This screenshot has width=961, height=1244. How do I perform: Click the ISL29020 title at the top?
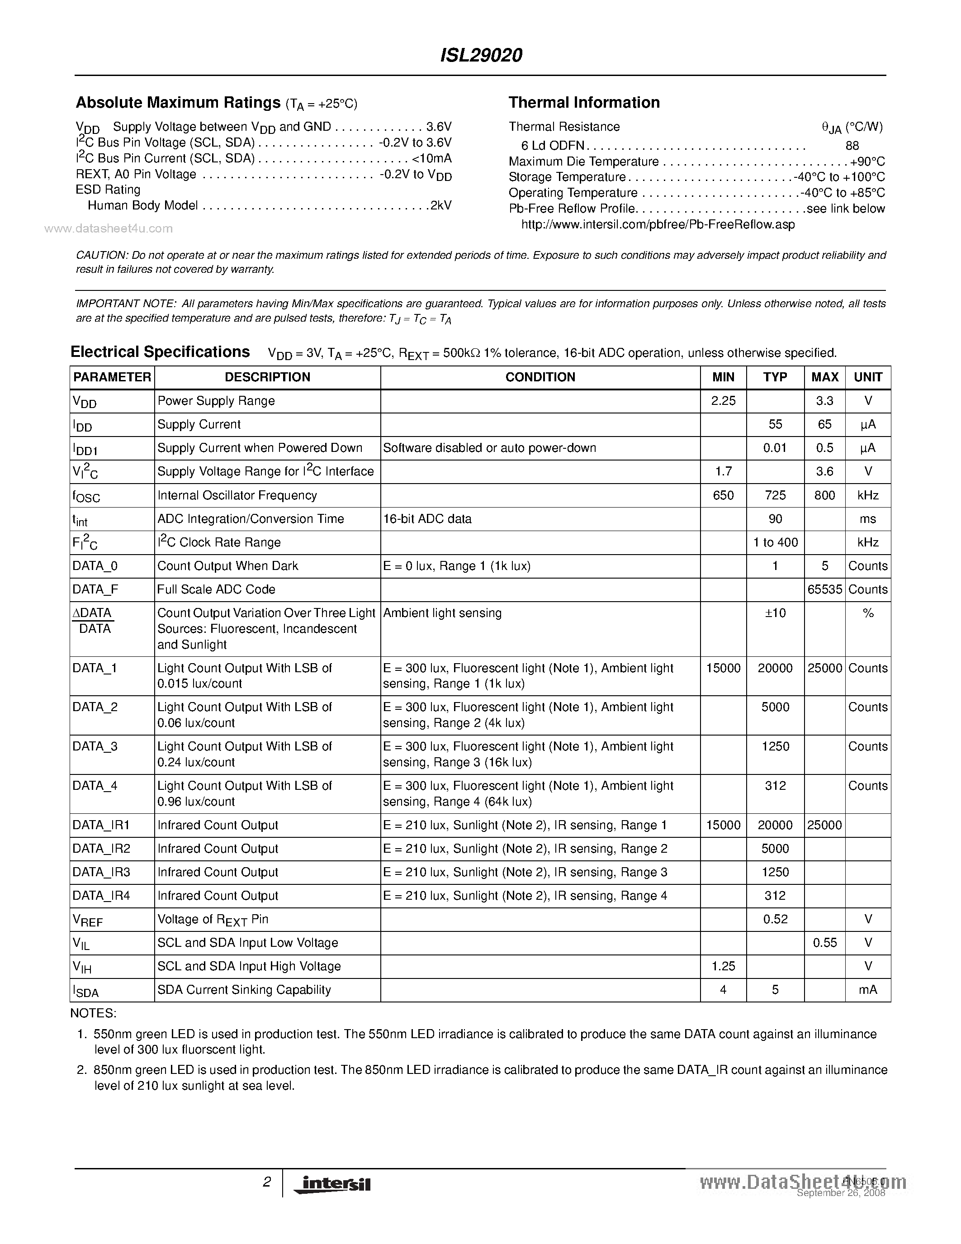481,55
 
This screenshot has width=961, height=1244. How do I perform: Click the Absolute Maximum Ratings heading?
178,103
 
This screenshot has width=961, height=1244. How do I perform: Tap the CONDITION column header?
540,377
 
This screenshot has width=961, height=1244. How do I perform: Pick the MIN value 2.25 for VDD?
723,401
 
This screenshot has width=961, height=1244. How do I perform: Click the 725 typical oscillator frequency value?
775,495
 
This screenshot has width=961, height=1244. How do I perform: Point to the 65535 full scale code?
824,589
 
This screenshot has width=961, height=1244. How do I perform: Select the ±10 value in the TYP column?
775,613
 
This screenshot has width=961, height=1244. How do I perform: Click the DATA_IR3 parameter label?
101,872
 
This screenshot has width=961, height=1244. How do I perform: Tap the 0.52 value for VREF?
775,919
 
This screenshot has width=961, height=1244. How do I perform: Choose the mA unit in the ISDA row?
868,990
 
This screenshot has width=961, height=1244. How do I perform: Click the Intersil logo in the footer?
332,1184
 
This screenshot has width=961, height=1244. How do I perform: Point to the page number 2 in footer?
266,1182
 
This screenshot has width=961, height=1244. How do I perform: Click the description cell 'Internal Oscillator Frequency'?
237,495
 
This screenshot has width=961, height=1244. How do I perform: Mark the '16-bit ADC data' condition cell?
427,519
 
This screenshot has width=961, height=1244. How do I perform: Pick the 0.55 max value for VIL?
824,943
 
